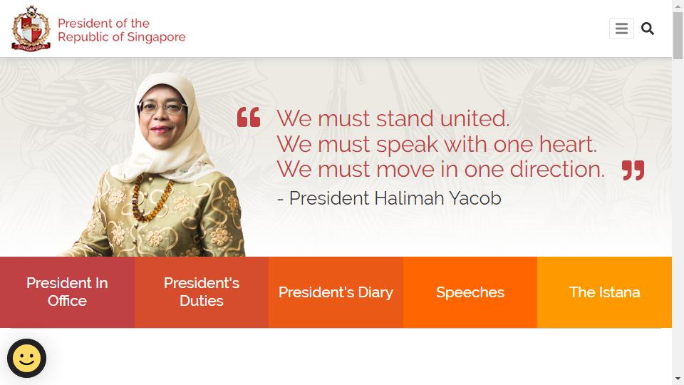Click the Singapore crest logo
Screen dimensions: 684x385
[x=31, y=29]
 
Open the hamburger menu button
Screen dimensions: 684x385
[x=621, y=29]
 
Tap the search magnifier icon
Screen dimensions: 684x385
[x=648, y=29]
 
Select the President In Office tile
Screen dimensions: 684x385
[x=67, y=292]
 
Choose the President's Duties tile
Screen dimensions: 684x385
[x=202, y=292]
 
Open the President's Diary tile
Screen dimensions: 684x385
[x=336, y=292]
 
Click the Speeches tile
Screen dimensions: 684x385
[x=470, y=292]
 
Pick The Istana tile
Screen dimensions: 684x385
[x=605, y=292]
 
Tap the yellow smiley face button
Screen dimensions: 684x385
[x=26, y=359]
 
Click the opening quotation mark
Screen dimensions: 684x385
[x=249, y=117]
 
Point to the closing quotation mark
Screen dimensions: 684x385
[x=633, y=170]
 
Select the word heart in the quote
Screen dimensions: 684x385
[x=568, y=144]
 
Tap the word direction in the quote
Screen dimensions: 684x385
[x=557, y=170]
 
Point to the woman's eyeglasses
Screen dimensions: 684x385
[x=162, y=107]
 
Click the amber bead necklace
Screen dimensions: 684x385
[x=150, y=197]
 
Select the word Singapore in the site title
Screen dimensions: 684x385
[x=156, y=38]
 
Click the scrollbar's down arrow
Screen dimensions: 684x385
[x=678, y=379]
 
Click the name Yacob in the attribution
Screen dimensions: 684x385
[x=475, y=198]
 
